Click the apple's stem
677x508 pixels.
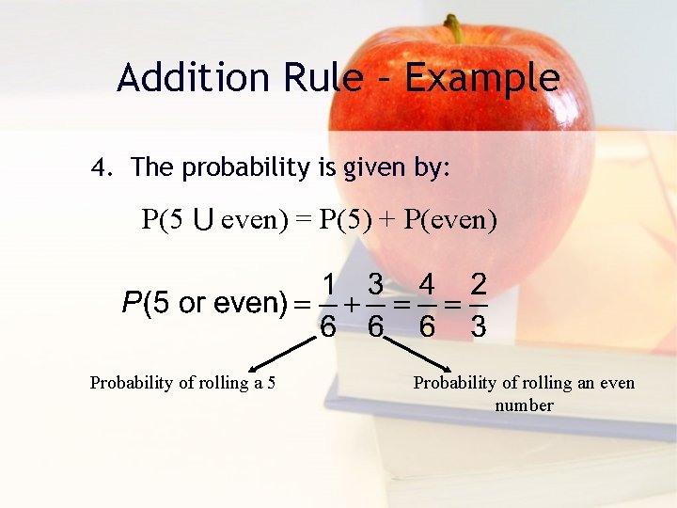pos(454,28)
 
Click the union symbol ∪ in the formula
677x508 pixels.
pos(202,221)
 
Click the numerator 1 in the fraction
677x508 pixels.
pos(329,283)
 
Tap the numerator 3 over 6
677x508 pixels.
pos(375,283)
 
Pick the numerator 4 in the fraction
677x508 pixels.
pos(427,283)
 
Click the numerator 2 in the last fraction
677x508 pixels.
pos(478,283)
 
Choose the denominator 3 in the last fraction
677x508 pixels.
pos(478,326)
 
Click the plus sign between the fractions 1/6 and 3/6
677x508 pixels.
pos(352,305)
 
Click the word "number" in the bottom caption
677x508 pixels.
pos(524,405)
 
